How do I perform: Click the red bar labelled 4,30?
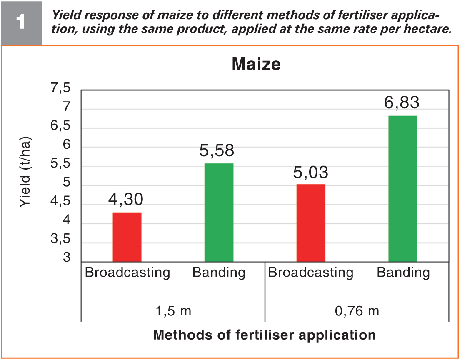(x=127, y=237)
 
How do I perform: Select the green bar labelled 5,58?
(x=219, y=212)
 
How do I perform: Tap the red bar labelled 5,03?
(x=311, y=223)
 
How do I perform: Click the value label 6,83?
(x=402, y=103)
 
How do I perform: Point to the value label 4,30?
(x=126, y=199)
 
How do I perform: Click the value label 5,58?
(x=217, y=150)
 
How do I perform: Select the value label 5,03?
(x=311, y=172)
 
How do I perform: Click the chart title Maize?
(x=256, y=64)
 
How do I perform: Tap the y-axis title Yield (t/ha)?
(x=25, y=172)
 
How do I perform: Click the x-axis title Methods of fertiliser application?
(x=264, y=335)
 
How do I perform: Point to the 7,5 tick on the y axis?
(x=61, y=88)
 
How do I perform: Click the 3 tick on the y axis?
(x=67, y=257)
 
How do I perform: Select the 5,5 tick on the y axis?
(x=61, y=164)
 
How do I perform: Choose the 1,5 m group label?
(x=173, y=311)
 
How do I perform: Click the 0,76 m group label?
(x=357, y=311)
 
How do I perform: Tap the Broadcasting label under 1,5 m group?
(x=127, y=272)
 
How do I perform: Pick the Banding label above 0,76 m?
(x=403, y=272)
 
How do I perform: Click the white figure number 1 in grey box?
(x=20, y=22)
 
